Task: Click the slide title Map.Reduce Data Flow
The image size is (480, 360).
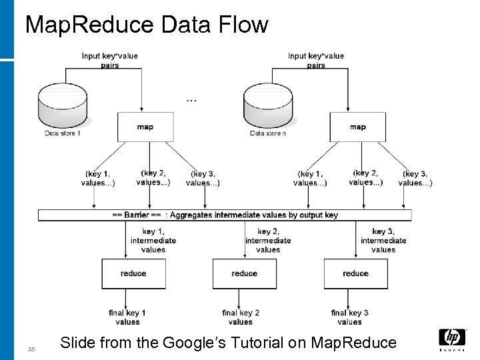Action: [146, 25]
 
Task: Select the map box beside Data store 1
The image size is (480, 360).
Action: [145, 127]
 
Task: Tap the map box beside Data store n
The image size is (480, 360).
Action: [357, 127]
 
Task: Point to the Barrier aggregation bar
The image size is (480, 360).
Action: [225, 215]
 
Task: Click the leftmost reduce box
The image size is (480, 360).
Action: [133, 273]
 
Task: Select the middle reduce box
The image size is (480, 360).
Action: [244, 273]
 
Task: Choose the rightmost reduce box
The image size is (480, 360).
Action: [355, 273]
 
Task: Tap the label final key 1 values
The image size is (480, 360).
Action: [127, 317]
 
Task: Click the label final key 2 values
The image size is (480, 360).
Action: [241, 317]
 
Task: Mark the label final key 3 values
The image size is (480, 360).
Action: [350, 317]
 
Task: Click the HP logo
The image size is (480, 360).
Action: [452, 339]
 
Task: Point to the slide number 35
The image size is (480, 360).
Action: [31, 349]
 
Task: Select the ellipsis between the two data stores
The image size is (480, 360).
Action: [191, 100]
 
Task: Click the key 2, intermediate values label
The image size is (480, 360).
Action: [268, 241]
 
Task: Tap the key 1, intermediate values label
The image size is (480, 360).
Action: [153, 241]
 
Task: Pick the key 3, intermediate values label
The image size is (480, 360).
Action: [383, 241]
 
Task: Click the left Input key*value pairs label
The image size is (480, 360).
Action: [110, 61]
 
